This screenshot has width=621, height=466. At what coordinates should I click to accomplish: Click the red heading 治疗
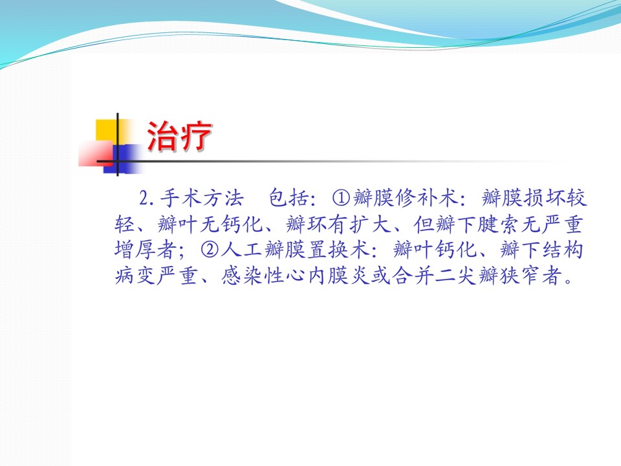pyautogui.click(x=179, y=136)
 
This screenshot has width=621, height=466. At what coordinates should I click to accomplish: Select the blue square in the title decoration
pyautogui.click(x=123, y=159)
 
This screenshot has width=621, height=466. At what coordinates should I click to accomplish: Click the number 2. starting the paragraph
pyautogui.click(x=147, y=198)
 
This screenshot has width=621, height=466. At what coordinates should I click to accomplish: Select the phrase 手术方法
pyautogui.click(x=202, y=198)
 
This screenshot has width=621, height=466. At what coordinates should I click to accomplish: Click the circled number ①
pyautogui.click(x=342, y=198)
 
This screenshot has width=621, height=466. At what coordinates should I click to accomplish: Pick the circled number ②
pyautogui.click(x=210, y=250)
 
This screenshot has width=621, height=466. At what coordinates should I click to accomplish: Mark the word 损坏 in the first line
pyautogui.click(x=544, y=198)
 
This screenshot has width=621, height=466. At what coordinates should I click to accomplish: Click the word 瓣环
pyautogui.click(x=307, y=225)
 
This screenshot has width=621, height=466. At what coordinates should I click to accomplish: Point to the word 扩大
pyautogui.click(x=371, y=225)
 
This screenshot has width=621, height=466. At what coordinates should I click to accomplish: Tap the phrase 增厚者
pyautogui.click(x=146, y=250)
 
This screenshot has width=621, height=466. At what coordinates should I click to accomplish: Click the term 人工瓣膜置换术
pyautogui.click(x=296, y=250)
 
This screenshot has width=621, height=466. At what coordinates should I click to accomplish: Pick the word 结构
pyautogui.click(x=563, y=250)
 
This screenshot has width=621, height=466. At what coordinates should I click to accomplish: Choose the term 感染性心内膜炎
pyautogui.click(x=295, y=276)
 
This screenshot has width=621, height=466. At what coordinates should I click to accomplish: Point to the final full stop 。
pyautogui.click(x=569, y=281)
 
